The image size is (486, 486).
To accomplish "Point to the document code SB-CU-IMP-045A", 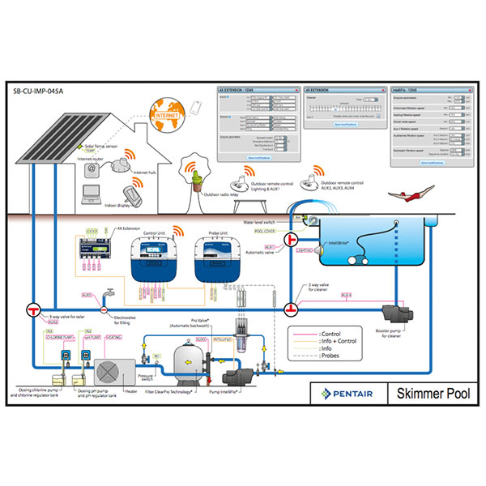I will [39, 91].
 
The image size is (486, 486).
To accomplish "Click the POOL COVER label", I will [266, 231].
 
